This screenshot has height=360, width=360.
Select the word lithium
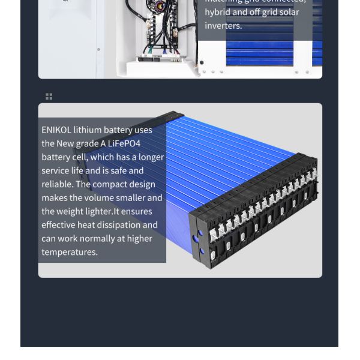88,130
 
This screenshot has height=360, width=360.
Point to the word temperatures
70,252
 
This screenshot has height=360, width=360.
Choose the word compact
111,184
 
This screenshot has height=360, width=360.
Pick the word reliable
56,184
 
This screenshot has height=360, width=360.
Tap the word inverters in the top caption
223,26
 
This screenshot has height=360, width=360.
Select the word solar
289,12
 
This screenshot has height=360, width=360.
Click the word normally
100,238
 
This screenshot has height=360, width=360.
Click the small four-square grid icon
49,96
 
